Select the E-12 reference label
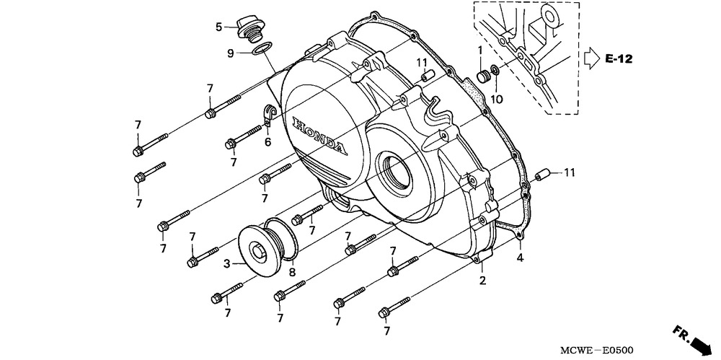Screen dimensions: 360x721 [x=618, y=58]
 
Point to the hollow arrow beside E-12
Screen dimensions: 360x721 [x=591, y=57]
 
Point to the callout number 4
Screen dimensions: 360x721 [x=519, y=258]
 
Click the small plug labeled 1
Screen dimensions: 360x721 [x=482, y=76]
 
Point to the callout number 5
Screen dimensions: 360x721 [x=218, y=27]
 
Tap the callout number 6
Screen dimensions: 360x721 [x=267, y=142]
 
